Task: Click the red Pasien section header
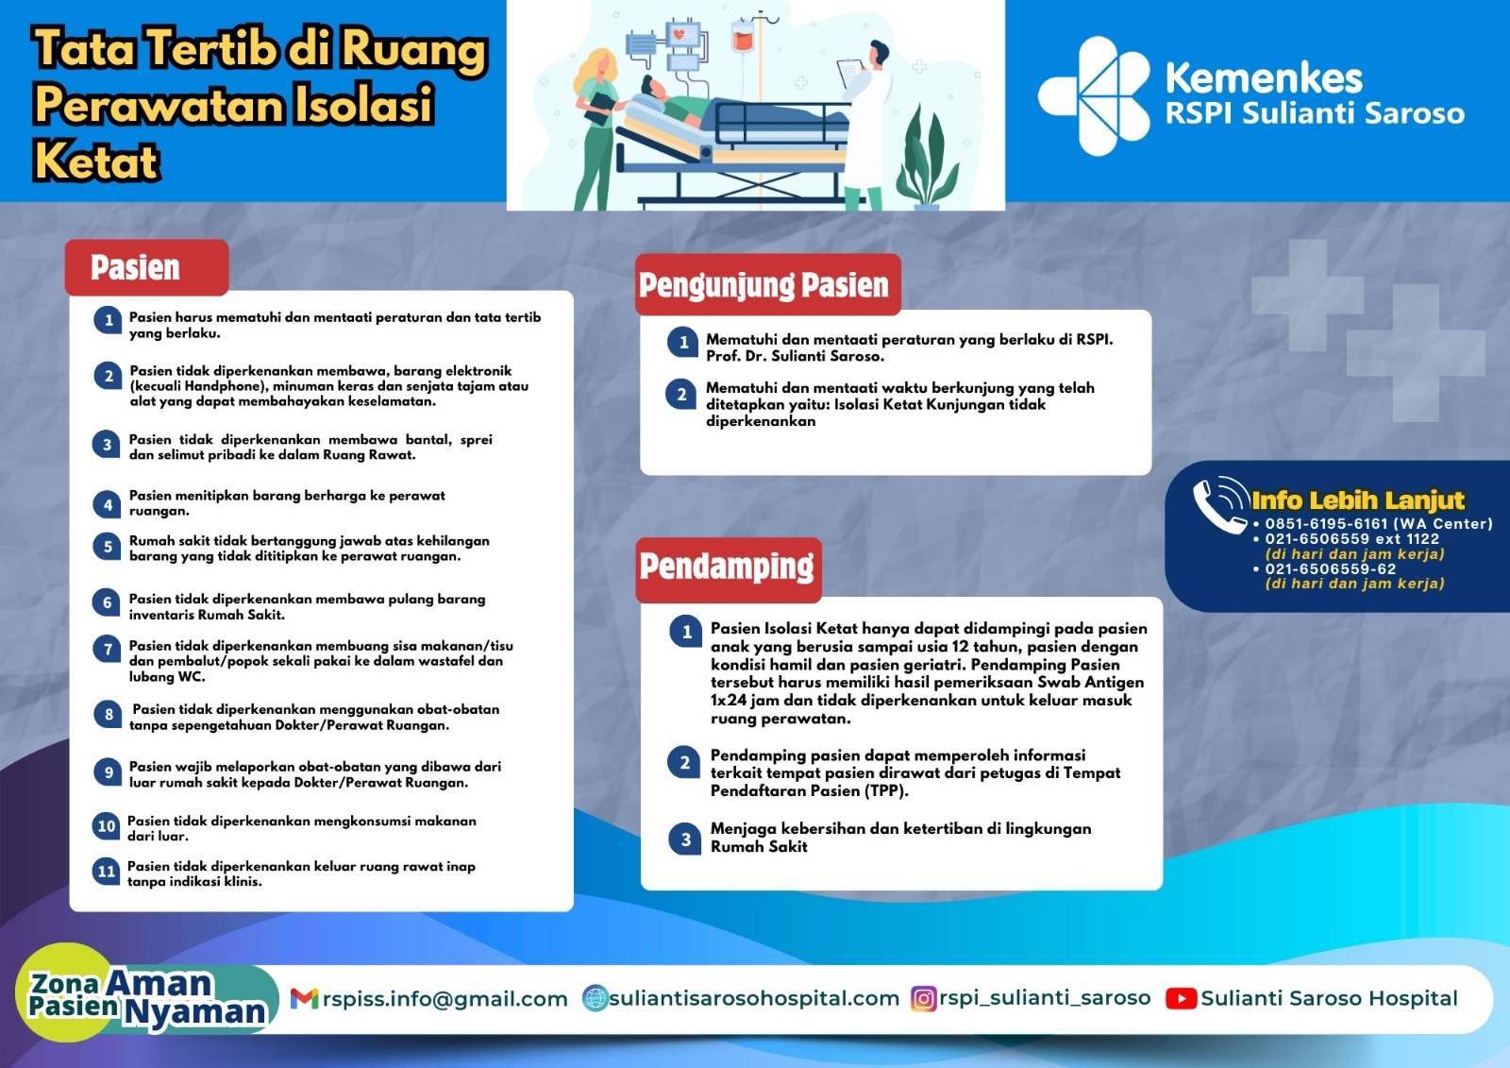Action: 147,267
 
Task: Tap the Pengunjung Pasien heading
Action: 768,285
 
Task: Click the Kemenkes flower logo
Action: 1094,95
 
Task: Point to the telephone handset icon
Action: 1219,505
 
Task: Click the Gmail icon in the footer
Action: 304,998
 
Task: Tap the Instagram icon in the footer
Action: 924,998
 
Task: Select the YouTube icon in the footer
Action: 1181,998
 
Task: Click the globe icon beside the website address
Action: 596,998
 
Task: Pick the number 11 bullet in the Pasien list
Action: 107,871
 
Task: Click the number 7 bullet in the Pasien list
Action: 108,649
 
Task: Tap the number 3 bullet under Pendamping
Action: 685,839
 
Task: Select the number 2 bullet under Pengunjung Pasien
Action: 681,395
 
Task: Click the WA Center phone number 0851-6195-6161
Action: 1327,523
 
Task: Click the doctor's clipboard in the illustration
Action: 850,74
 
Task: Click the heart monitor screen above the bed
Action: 683,34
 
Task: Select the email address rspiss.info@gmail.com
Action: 445,998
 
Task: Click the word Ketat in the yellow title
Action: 95,161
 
